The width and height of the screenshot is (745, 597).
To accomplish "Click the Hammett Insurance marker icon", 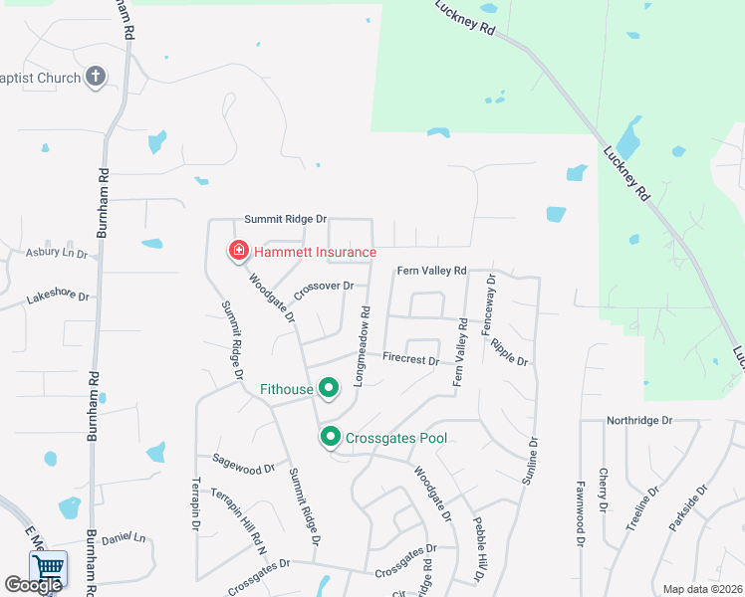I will tap(239, 250).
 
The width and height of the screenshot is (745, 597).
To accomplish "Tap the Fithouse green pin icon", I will tap(328, 387).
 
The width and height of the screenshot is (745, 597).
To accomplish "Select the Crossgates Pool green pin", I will tap(330, 436).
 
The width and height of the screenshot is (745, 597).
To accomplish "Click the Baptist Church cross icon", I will tap(96, 77).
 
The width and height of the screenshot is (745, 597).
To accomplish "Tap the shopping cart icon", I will tap(47, 568).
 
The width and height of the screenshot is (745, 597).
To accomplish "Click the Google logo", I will tap(33, 585).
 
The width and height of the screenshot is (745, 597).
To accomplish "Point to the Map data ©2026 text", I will tap(702, 589).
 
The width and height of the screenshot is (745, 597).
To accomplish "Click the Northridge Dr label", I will tap(639, 421).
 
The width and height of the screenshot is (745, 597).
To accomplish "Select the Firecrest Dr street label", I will tap(410, 358).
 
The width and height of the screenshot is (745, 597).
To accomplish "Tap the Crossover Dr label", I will tap(324, 286).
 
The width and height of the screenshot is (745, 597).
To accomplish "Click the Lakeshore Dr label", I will tap(57, 297).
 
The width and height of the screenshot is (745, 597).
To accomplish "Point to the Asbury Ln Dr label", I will tap(56, 254).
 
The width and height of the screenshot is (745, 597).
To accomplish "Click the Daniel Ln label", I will tap(124, 538).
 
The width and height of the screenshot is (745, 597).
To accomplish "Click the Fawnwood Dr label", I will tap(580, 504).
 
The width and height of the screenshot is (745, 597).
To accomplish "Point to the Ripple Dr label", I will tap(509, 351).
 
